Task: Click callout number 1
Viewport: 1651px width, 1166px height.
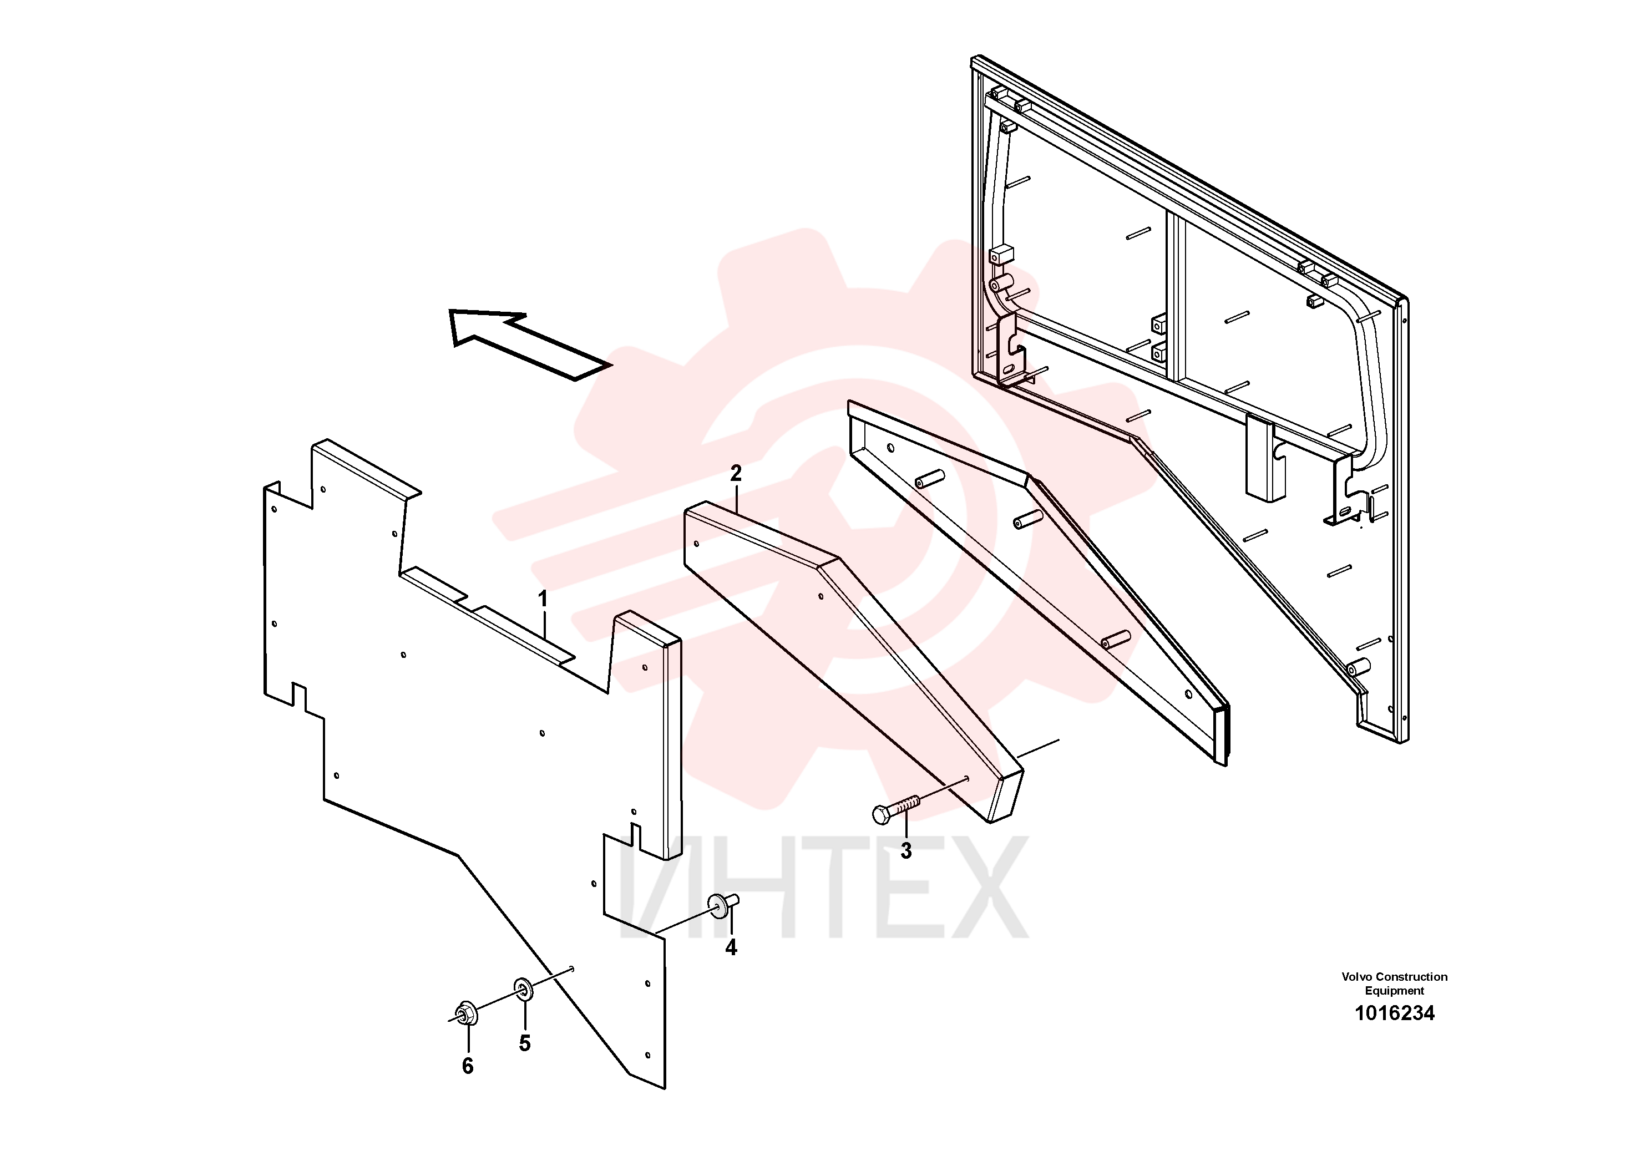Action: click(x=543, y=599)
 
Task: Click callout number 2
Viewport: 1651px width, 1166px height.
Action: click(x=736, y=474)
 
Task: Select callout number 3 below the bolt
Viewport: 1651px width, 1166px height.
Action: click(x=906, y=851)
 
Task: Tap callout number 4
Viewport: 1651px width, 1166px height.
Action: click(x=731, y=948)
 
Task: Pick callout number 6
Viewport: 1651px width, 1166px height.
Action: click(x=468, y=1066)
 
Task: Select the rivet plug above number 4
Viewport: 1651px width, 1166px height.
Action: click(x=723, y=904)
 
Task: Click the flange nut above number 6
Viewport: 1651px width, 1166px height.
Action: click(x=464, y=1013)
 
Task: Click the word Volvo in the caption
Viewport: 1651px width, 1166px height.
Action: click(x=1357, y=977)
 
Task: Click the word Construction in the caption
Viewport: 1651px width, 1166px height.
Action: click(x=1411, y=977)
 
